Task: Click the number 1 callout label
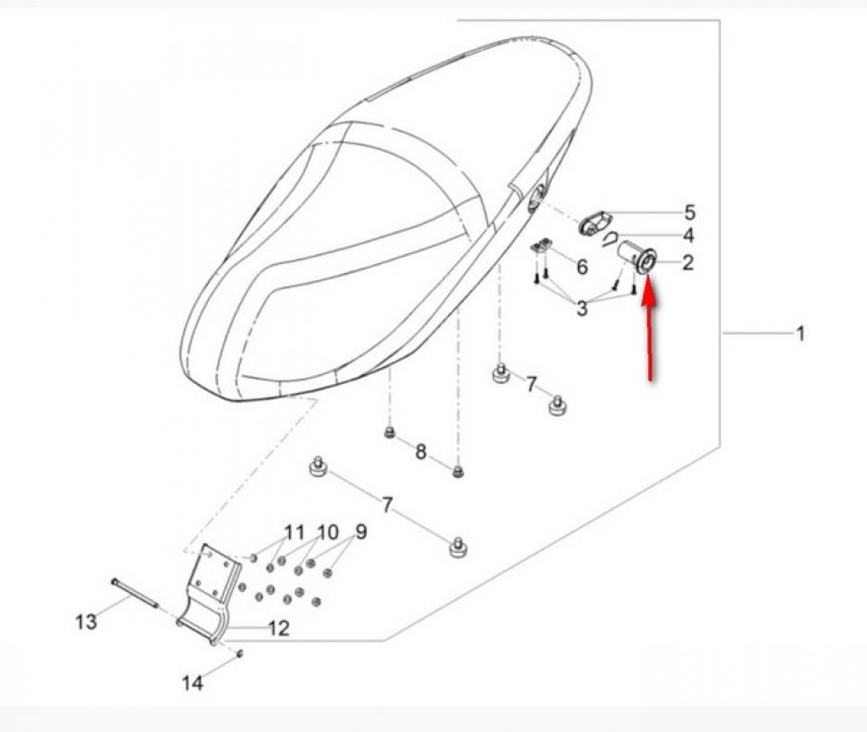(x=800, y=334)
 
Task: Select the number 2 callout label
(x=688, y=263)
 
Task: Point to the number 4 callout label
(x=688, y=237)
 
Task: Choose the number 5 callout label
(x=689, y=213)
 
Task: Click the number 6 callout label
(x=582, y=267)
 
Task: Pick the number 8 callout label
(x=421, y=452)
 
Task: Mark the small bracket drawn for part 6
(x=542, y=246)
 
